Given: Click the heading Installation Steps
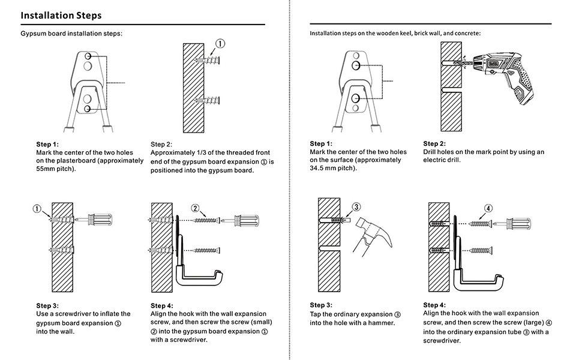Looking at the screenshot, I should (61, 15).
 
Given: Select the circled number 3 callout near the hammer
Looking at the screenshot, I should (356, 206).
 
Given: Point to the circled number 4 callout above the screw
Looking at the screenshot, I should (488, 208).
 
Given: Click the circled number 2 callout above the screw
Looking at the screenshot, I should (196, 208).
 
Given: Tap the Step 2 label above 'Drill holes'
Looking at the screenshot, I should (434, 143).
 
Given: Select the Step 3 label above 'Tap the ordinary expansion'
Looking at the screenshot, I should (321, 305).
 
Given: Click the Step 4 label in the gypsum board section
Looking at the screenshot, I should (162, 305).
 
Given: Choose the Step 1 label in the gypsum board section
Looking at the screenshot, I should (47, 144).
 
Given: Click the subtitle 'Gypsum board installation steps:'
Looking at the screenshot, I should (71, 33).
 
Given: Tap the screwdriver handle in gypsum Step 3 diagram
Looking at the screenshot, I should (100, 221).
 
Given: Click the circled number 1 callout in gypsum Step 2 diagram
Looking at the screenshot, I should (220, 43).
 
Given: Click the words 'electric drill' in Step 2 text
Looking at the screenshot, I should (442, 161).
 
